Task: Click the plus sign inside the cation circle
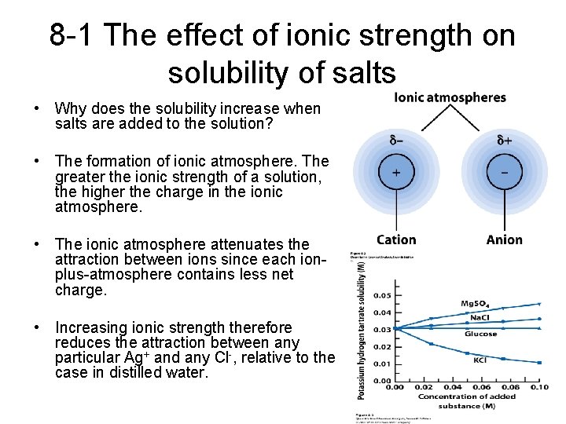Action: click(395, 171)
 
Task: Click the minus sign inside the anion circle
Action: click(503, 171)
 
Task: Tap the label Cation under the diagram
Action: click(396, 239)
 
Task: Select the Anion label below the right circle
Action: click(504, 239)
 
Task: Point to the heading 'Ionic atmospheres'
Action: click(450, 98)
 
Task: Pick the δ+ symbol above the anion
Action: click(505, 141)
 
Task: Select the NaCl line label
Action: click(480, 317)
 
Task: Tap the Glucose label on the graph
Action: click(480, 334)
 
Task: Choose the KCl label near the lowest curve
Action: click(480, 360)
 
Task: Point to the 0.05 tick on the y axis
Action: click(380, 295)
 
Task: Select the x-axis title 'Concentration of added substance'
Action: click(467, 400)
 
